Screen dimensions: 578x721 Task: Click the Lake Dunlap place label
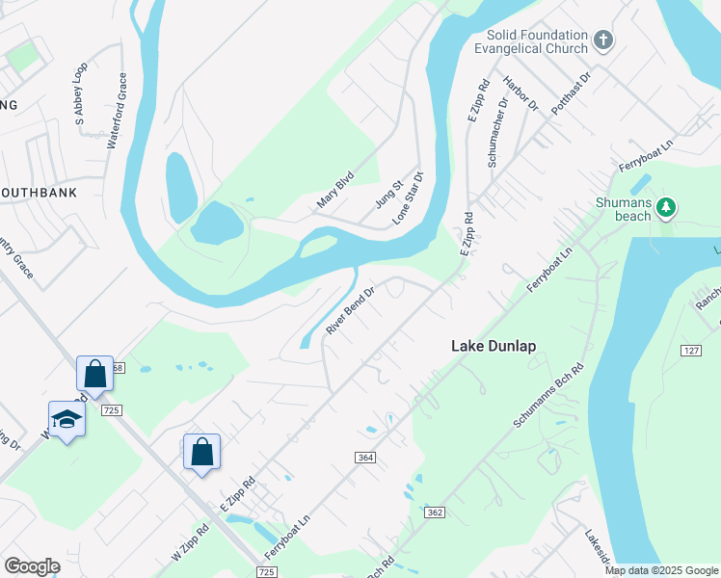493,346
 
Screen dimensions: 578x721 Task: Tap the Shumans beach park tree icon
665,207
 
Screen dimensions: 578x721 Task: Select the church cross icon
603,40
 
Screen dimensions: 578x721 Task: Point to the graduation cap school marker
67,420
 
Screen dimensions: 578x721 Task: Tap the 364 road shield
364,457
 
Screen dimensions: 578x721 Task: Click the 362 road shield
434,512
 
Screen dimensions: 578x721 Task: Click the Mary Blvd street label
335,190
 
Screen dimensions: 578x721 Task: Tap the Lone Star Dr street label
408,198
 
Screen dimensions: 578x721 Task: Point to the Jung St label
387,194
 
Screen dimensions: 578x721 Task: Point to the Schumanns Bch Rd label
549,396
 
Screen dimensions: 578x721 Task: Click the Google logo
32,566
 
